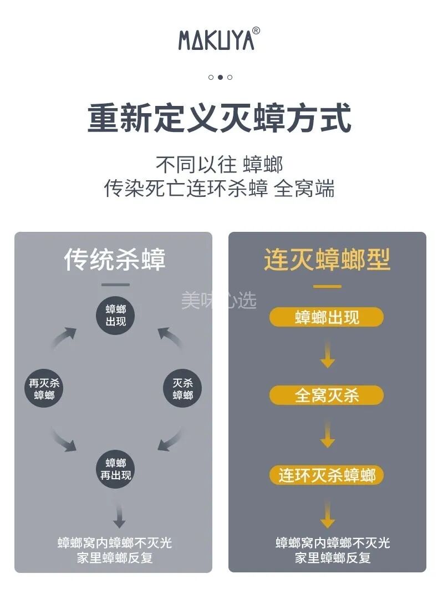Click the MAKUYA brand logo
216,39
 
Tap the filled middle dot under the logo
220,77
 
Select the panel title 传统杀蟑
115,260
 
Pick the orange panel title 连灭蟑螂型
327,260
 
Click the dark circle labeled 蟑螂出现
116,316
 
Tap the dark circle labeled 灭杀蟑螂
182,389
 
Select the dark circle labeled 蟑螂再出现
116,469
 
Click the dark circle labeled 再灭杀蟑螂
44,389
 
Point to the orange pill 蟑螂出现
327,317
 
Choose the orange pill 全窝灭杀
327,395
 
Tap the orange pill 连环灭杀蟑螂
327,475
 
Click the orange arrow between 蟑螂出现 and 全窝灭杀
328,356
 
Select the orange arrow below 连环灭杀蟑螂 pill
328,516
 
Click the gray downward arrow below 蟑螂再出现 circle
119,516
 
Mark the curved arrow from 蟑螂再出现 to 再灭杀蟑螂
64,438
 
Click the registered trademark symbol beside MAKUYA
256,31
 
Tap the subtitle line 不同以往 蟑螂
219,165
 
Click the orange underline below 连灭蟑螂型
327,287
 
